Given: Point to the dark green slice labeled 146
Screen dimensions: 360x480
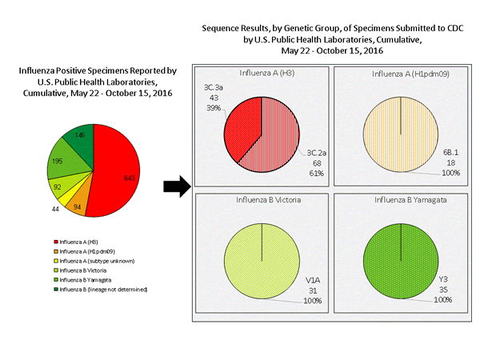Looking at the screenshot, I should pyautogui.click(x=81, y=138).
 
